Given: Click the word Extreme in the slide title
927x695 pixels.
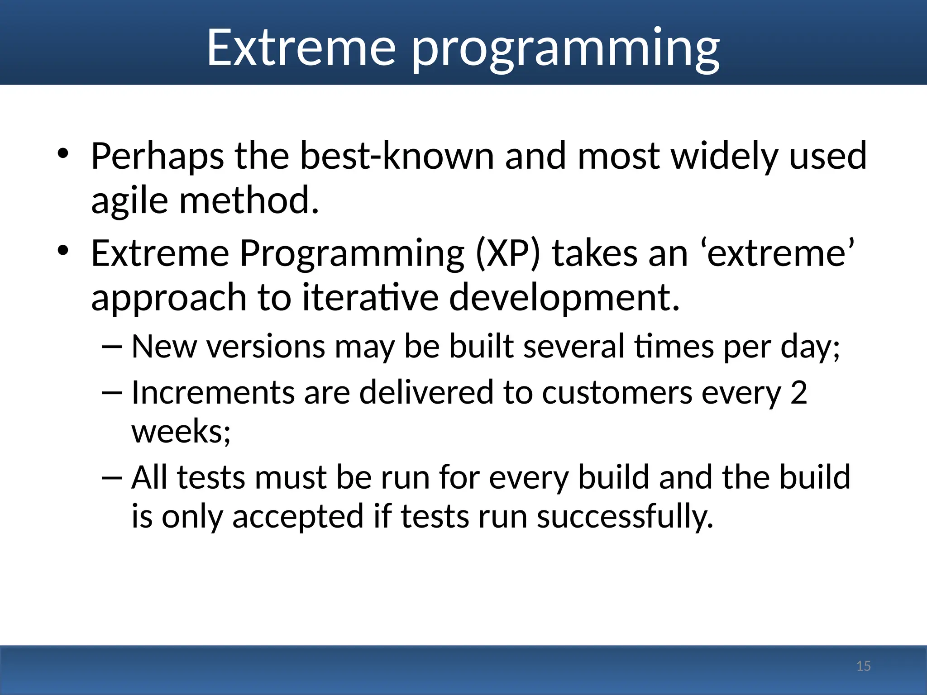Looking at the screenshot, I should (301, 47).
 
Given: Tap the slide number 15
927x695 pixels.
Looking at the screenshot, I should (863, 666).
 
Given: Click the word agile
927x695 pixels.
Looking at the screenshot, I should (129, 201).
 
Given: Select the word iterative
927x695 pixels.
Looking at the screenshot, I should (371, 297).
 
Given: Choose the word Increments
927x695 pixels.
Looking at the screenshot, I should (213, 392).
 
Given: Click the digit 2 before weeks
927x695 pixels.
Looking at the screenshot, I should (798, 392).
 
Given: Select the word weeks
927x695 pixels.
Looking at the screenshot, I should (181, 431).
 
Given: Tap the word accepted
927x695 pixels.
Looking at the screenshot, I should (298, 516).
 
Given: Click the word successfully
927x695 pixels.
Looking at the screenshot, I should (625, 516).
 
